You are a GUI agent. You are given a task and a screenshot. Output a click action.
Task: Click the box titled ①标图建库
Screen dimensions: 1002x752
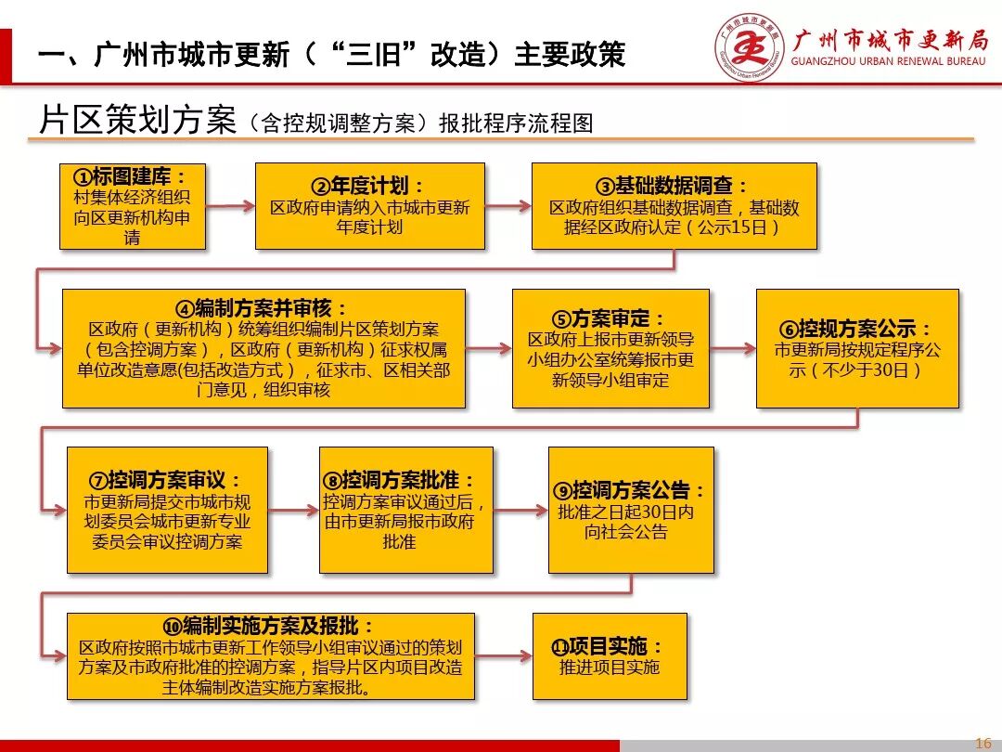click(133, 206)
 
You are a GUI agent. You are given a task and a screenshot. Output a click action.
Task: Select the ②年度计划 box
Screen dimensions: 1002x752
click(369, 206)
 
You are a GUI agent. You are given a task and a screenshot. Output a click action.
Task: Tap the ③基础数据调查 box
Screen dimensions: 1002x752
click(674, 206)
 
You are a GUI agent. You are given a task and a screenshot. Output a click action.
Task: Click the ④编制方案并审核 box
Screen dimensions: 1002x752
click(263, 348)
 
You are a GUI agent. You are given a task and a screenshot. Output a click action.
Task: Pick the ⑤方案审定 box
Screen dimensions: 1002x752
click(610, 348)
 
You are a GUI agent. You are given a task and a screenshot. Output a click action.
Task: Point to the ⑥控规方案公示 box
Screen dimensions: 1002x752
click(857, 348)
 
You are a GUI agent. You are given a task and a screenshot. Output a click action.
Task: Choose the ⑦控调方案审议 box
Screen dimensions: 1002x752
click(167, 510)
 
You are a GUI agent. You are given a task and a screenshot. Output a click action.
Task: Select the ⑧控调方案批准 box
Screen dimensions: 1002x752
click(405, 510)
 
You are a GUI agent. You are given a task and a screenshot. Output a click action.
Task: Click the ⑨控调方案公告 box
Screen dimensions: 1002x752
click(631, 510)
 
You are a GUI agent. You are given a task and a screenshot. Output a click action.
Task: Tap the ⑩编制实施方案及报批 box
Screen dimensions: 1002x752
click(270, 655)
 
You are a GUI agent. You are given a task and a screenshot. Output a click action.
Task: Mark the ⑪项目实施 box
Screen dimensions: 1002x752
click(610, 655)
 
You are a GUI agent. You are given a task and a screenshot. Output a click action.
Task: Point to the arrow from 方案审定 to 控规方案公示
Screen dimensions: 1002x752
click(733, 349)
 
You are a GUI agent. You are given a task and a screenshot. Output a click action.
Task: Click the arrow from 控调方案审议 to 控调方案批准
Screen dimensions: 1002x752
click(293, 511)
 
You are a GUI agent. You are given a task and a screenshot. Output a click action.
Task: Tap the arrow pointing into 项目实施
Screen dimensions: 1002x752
click(503, 655)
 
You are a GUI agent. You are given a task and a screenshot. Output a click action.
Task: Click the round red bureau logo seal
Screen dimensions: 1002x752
click(749, 48)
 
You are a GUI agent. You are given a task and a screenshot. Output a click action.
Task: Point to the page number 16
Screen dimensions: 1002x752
click(983, 742)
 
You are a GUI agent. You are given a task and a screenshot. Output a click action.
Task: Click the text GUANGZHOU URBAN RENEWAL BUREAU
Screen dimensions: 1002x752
click(889, 62)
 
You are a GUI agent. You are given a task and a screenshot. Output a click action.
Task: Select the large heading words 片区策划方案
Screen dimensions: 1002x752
click(137, 121)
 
